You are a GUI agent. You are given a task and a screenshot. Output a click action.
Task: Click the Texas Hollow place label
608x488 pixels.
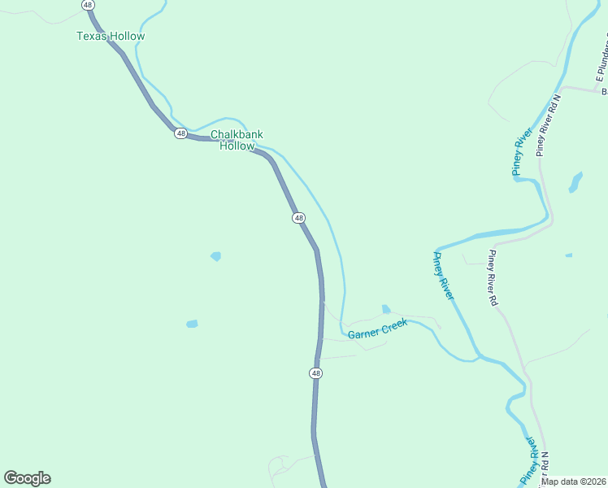point(111,37)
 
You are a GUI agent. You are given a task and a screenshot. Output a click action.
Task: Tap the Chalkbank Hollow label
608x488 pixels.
point(237,140)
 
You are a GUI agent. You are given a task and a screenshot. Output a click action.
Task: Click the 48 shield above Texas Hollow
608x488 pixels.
point(88,5)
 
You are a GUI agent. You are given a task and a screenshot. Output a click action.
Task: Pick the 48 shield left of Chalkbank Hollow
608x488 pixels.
point(180,133)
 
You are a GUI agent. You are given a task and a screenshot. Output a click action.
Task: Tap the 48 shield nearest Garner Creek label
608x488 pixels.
point(316,373)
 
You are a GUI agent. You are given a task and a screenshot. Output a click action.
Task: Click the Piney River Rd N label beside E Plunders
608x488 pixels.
point(549,125)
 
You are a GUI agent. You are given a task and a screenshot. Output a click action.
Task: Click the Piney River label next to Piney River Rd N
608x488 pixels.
point(523,150)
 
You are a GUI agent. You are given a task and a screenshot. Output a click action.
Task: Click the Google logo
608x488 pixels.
point(27,478)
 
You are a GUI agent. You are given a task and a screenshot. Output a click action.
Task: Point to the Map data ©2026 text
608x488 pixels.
point(572,481)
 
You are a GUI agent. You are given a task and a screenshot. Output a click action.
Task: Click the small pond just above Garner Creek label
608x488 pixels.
point(385,309)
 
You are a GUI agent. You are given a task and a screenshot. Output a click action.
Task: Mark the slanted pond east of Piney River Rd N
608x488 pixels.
point(575,181)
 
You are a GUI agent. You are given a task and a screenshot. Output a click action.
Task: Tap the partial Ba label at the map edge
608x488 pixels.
point(604,91)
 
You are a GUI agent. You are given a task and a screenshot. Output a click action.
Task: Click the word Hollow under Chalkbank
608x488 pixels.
point(237,146)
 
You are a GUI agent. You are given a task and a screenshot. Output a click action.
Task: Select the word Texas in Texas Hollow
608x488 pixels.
point(92,37)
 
